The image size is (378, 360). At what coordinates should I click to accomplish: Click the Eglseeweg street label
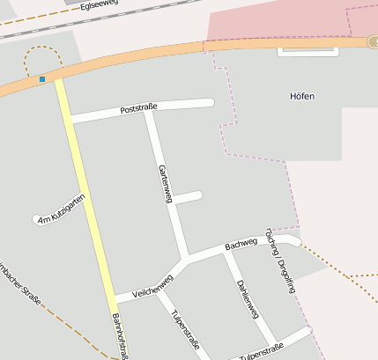[x=98, y=6]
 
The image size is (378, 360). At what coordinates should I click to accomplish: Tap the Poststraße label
[x=138, y=108]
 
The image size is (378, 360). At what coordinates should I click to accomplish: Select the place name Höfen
[x=301, y=96]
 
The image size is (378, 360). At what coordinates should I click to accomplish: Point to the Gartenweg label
[x=164, y=183]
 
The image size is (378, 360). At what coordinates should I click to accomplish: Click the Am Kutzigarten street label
[x=62, y=209]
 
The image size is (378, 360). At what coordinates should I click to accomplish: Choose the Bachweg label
[x=241, y=243]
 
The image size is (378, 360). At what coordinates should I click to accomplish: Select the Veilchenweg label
[x=152, y=283]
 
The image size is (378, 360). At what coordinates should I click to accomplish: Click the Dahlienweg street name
[x=248, y=299]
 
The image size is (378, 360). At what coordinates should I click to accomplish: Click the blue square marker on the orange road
[x=42, y=80]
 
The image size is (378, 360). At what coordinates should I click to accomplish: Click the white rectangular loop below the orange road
[x=308, y=52]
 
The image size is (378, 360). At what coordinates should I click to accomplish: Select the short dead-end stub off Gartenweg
[x=189, y=197]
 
